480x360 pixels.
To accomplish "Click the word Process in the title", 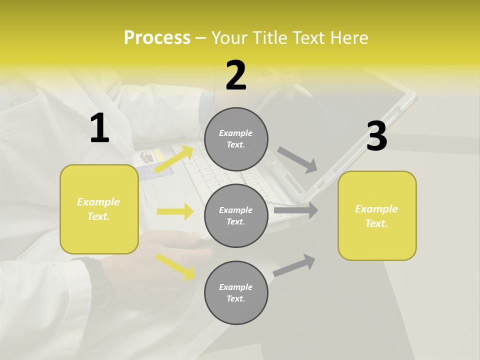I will coord(157,38).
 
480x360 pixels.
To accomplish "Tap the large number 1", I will coord(99,128).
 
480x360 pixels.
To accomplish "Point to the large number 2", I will coord(236,75).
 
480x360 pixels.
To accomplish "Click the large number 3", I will coord(376,136).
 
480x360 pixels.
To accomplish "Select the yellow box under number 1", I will coord(99,209).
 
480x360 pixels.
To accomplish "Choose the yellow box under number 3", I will coord(377,215).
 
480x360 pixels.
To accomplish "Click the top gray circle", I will coord(236,139).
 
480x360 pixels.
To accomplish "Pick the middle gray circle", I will coord(236,215).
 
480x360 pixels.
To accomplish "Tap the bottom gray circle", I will coord(236,292).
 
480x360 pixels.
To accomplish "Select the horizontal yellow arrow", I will coord(175,211).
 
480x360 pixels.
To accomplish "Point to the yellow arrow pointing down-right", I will coord(175,266).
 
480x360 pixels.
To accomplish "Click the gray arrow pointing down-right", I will coord(297,160).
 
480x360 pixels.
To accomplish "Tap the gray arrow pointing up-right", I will coord(294,265).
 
